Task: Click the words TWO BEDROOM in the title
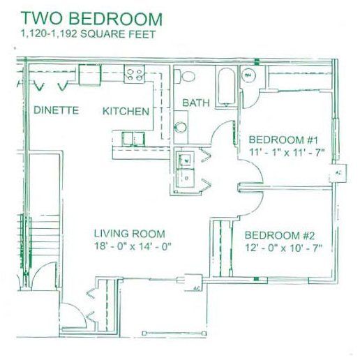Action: tap(91, 19)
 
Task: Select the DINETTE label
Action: tap(56, 111)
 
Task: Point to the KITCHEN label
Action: tap(126, 111)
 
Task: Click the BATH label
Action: tap(196, 103)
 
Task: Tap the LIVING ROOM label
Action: tap(130, 234)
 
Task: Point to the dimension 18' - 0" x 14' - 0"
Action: tap(132, 246)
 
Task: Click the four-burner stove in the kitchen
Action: tap(134, 72)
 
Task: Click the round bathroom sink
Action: tap(180, 127)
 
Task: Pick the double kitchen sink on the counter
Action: tap(130, 138)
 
